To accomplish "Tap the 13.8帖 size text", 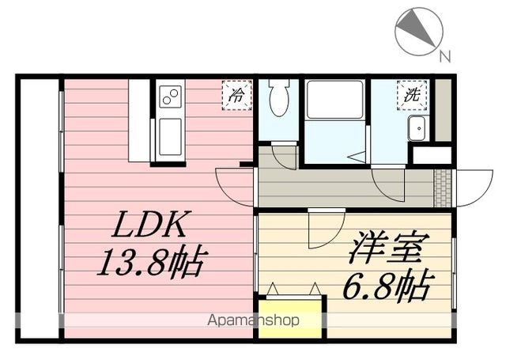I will tap(151, 261).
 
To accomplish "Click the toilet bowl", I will tap(279, 98).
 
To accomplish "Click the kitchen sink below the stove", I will tap(170, 137).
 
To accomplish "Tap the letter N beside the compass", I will tap(445, 56).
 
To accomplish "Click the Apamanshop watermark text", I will tap(253, 321).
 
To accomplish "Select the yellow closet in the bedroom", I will tap(291, 317).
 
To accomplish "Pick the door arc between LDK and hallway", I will tap(236, 187).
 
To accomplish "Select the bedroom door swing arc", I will tap(325, 229).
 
